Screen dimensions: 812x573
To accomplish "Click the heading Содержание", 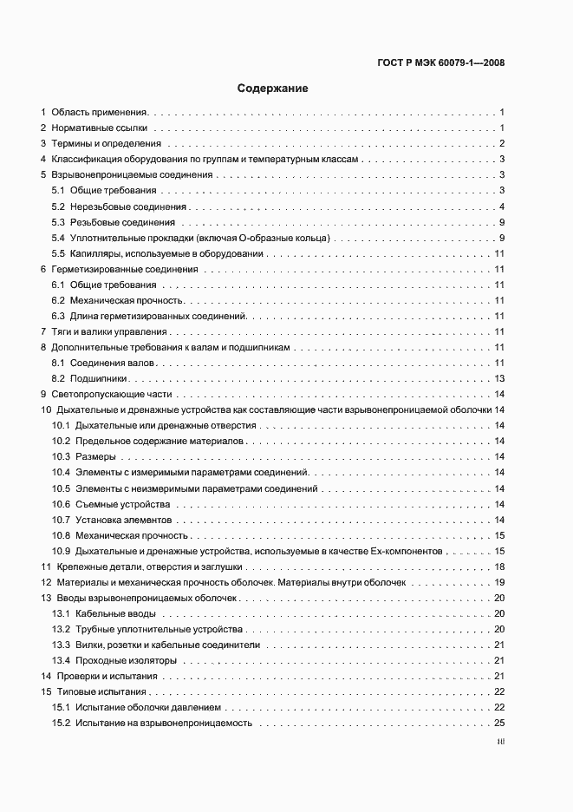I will (x=273, y=88).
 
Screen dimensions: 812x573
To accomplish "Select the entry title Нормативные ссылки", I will (x=99, y=128).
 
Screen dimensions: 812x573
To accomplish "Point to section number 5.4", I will (x=58, y=238).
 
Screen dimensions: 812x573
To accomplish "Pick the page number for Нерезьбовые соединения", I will (x=502, y=206).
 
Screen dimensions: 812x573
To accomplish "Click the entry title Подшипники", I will (x=100, y=378).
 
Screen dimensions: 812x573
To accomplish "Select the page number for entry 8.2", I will (x=499, y=378).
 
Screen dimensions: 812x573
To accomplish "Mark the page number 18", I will (x=499, y=566).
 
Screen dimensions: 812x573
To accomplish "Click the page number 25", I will (x=499, y=723).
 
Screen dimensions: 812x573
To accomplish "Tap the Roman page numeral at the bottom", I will (x=501, y=743).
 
